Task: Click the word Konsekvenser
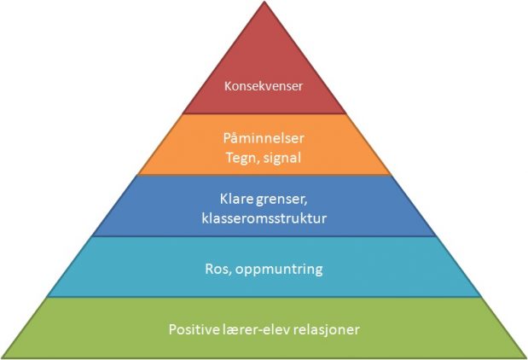[264, 86]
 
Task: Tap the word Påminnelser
[264, 138]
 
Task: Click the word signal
[282, 158]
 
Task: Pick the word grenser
[281, 200]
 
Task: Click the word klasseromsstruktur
[264, 218]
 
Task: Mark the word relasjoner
[327, 329]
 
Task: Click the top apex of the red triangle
[264, 2]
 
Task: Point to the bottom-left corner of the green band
[2, 358]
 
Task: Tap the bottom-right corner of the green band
[526, 358]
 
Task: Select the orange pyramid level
[264, 144]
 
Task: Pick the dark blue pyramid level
[264, 206]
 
